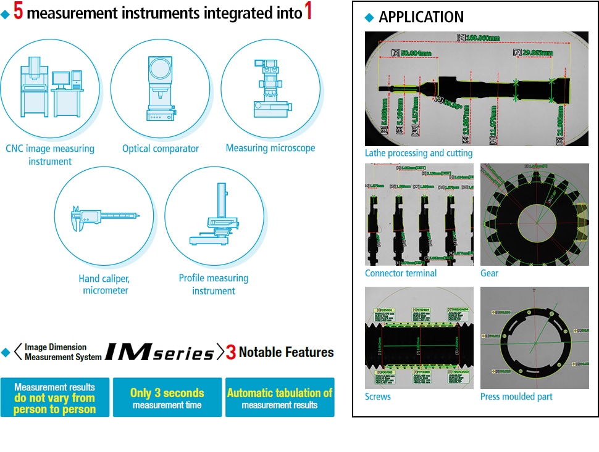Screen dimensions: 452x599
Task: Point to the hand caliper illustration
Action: point(104,216)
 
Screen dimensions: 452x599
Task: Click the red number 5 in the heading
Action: point(19,12)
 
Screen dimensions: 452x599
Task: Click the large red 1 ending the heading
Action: point(308,12)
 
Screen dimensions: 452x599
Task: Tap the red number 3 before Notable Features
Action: point(231,353)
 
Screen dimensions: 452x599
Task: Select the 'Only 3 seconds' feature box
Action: point(167,398)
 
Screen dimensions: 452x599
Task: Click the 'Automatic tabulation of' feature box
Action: point(280,398)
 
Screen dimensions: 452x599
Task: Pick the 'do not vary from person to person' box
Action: point(54,398)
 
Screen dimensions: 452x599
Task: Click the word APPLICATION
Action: point(421,17)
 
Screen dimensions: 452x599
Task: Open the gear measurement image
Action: point(534,215)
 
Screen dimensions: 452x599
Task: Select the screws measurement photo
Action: point(419,337)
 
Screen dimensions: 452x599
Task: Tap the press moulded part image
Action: point(534,337)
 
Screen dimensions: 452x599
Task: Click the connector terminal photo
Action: point(419,215)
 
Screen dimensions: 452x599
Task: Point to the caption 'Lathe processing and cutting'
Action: point(419,153)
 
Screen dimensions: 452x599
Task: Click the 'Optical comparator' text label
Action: point(161,149)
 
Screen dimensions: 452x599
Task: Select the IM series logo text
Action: point(159,352)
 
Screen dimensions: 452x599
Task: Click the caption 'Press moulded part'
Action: point(516,397)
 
